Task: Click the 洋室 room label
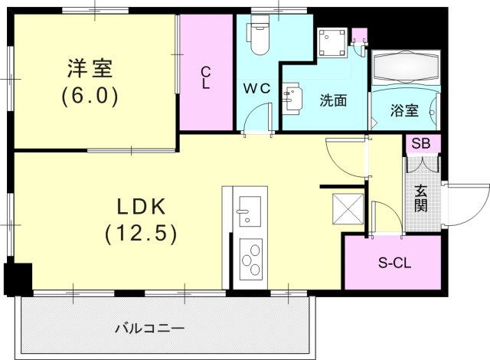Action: click(90, 68)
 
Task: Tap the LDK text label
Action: click(141, 207)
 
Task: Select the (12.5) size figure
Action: click(141, 234)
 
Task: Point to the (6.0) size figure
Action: click(90, 97)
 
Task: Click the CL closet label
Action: click(205, 78)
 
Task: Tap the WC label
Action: click(257, 88)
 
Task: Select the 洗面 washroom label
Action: click(333, 100)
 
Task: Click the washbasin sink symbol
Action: click(292, 97)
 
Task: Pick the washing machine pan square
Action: click(332, 43)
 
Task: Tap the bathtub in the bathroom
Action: click(406, 68)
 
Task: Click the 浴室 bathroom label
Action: click(404, 110)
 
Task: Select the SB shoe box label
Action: click(420, 143)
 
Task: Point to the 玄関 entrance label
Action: click(420, 198)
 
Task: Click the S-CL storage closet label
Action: click(394, 263)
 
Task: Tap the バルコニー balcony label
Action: click(150, 329)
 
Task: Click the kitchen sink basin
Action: click(250, 211)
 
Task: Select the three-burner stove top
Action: click(251, 260)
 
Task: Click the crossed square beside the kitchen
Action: click(348, 209)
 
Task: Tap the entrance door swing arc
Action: click(476, 212)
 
